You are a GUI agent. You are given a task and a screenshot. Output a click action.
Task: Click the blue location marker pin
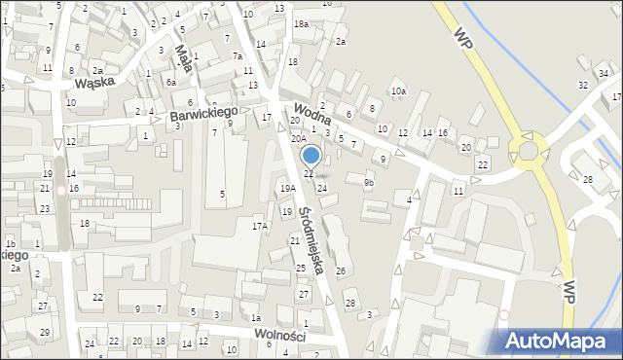(311, 156)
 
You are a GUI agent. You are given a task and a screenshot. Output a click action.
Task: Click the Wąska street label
(89, 83)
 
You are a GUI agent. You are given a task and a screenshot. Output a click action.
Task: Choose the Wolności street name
(279, 335)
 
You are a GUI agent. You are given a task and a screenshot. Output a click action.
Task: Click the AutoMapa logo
(559, 341)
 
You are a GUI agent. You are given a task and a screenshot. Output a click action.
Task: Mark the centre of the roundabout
(529, 151)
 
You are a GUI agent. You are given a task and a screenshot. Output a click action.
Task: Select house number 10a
(398, 90)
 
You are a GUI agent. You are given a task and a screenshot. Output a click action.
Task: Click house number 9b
(368, 182)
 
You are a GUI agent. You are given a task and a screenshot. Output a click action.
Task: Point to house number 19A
(287, 189)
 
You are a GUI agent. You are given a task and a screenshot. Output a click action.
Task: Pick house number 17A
(260, 226)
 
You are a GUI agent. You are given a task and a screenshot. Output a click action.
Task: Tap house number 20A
(299, 139)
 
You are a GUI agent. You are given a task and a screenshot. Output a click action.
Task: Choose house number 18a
(301, 23)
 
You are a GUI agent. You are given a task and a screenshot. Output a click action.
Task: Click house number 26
(340, 270)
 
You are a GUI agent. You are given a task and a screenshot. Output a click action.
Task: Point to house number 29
(45, 333)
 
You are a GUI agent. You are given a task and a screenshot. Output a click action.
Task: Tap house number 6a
(170, 82)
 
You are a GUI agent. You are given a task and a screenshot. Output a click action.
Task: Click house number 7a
(238, 56)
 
